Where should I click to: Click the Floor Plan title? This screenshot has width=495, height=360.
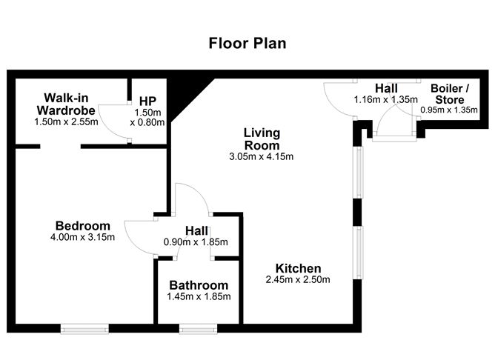click(247, 44)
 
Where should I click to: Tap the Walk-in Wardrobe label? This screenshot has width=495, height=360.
click(66, 104)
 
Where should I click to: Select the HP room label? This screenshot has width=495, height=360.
click(147, 101)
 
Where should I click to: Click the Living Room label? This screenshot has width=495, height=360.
click(262, 139)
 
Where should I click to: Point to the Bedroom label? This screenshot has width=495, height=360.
click(83, 226)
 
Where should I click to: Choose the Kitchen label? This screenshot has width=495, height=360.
click(298, 268)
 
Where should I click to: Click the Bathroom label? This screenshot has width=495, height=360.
click(199, 285)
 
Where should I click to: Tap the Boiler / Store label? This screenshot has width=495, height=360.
click(450, 94)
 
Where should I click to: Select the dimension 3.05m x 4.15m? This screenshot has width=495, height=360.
click(262, 156)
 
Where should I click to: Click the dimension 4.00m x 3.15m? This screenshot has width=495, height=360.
click(83, 238)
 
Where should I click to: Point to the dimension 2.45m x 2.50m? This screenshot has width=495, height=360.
click(298, 280)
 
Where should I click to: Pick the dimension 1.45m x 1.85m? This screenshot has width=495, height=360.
click(199, 297)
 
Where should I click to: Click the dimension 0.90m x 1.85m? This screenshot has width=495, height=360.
click(196, 242)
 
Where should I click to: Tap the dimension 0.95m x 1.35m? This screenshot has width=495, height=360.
click(449, 110)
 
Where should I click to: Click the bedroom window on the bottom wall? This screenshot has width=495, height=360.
click(84, 327)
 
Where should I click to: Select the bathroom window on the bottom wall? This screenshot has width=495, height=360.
click(198, 327)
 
